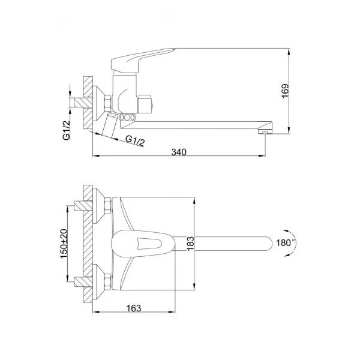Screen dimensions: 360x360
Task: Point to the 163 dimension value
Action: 134,308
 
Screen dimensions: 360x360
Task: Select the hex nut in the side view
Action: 107,103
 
